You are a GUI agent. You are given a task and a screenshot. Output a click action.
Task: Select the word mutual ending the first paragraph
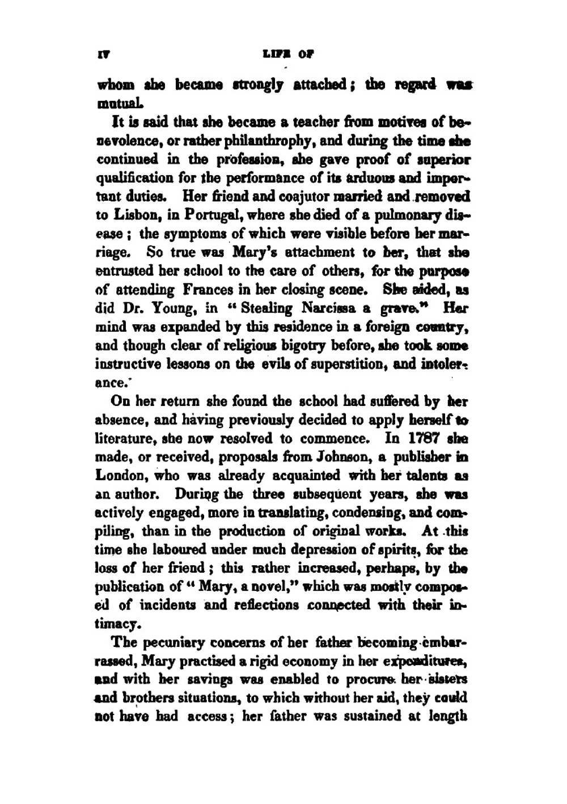tap(116, 104)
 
